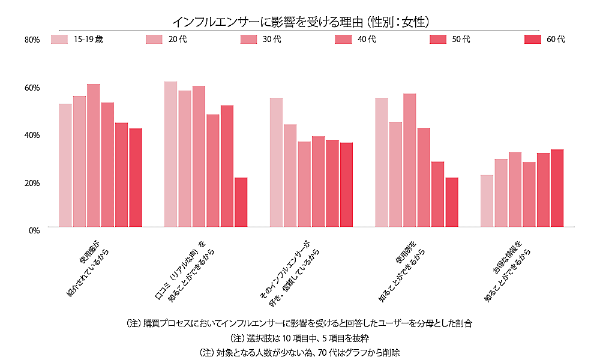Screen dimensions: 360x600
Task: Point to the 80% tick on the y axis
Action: coord(31,40)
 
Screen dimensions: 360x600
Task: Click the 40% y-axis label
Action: coord(31,135)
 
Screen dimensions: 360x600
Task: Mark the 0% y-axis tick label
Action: coord(34,230)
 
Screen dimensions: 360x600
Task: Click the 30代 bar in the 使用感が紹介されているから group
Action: coord(93,155)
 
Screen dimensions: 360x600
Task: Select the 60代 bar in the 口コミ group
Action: coord(241,202)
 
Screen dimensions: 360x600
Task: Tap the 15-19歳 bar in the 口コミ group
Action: coord(170,154)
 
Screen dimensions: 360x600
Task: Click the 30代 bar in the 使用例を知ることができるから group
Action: coord(409,160)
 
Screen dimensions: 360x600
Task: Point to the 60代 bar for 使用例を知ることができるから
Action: coord(451,202)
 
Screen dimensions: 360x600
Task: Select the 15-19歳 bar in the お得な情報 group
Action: coord(487,201)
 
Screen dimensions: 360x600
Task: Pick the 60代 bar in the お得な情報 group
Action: coord(557,188)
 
